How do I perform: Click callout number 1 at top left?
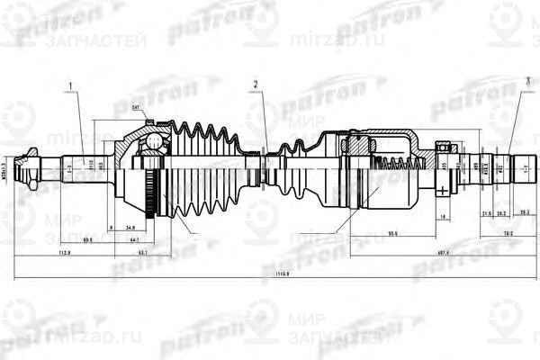tap(68, 87)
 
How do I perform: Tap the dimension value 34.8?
tap(130, 229)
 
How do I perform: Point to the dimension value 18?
tap(444, 217)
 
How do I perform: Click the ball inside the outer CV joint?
tap(155, 141)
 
